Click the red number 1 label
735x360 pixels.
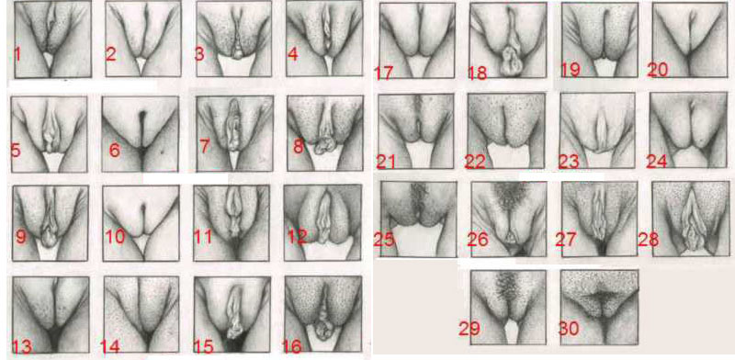tap(17, 54)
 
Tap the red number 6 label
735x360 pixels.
tap(115, 151)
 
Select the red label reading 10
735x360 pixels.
tap(116, 237)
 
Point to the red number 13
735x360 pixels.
tap(21, 346)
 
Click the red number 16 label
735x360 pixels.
tap(292, 346)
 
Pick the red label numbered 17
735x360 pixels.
tap(383, 73)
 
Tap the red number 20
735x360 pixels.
tap(658, 71)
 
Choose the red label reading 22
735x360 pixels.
tap(475, 162)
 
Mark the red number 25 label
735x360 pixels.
tap(383, 239)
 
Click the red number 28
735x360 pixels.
tap(649, 240)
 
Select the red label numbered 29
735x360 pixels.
tap(469, 328)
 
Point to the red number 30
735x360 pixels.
tap(569, 328)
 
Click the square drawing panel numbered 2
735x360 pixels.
tap(143, 39)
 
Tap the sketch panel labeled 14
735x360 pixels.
tap(141, 314)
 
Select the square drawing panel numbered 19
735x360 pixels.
tap(600, 39)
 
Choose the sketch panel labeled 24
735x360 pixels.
tap(688, 129)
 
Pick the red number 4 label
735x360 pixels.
tap(293, 54)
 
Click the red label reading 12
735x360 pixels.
tap(297, 237)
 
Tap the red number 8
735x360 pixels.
tap(299, 147)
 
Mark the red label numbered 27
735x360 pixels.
tap(565, 240)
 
